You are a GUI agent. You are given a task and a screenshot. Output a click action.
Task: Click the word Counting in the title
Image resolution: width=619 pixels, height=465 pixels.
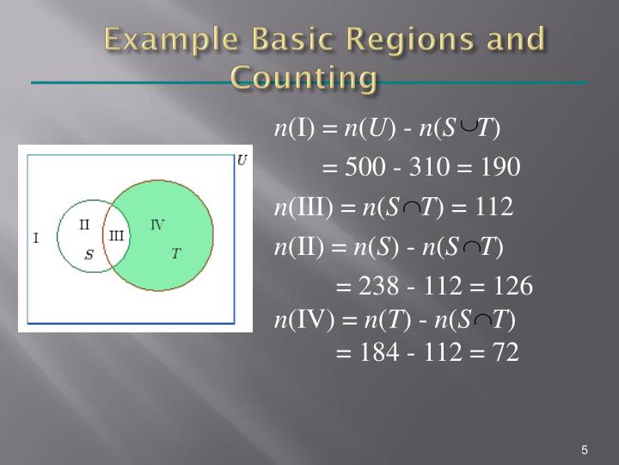(x=304, y=78)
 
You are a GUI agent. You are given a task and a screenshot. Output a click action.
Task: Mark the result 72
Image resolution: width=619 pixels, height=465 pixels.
(x=502, y=353)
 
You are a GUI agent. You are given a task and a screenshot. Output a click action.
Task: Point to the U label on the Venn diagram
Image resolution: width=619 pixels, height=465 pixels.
(x=242, y=160)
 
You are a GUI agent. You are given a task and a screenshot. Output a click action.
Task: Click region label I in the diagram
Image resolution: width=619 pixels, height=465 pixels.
(x=35, y=237)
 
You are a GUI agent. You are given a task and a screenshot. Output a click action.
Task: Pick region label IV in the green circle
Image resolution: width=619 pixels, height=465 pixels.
(x=157, y=225)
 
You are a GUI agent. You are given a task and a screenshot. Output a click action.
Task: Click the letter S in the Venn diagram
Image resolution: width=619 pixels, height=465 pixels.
(x=89, y=254)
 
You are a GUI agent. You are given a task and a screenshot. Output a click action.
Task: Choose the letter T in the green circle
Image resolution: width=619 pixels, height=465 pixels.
(x=175, y=253)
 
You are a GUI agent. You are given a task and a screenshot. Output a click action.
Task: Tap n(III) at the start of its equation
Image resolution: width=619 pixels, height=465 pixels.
(x=303, y=208)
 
